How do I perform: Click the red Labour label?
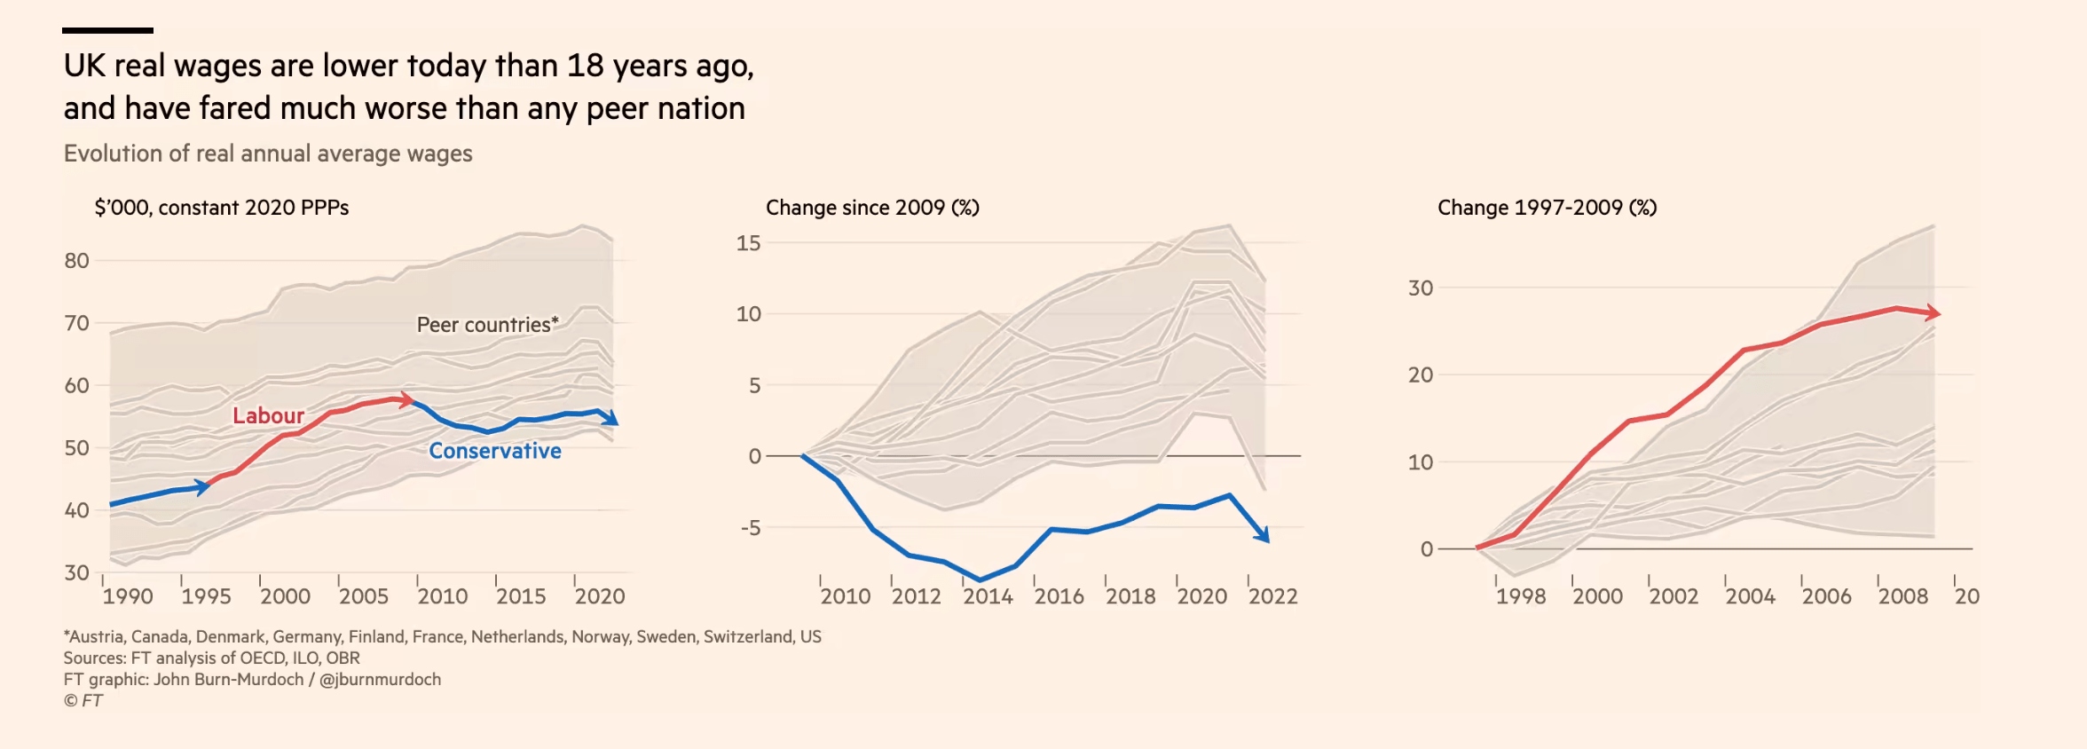click(268, 415)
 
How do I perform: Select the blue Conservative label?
click(495, 451)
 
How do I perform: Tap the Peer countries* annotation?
click(487, 325)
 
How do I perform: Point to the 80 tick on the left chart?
click(77, 261)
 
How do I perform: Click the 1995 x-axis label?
click(206, 596)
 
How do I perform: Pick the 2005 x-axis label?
click(364, 596)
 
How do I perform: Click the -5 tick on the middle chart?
click(751, 528)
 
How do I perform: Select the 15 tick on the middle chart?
click(748, 243)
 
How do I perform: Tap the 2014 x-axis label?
click(988, 596)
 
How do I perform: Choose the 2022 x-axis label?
click(1272, 596)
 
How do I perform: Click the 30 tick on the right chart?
click(1421, 288)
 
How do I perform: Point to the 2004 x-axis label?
click(1750, 596)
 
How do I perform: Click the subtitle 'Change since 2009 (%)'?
click(872, 208)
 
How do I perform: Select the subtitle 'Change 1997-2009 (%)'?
click(1547, 208)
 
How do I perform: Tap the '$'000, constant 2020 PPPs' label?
click(222, 208)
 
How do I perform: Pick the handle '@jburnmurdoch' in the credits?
click(380, 679)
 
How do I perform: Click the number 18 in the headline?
click(585, 66)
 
